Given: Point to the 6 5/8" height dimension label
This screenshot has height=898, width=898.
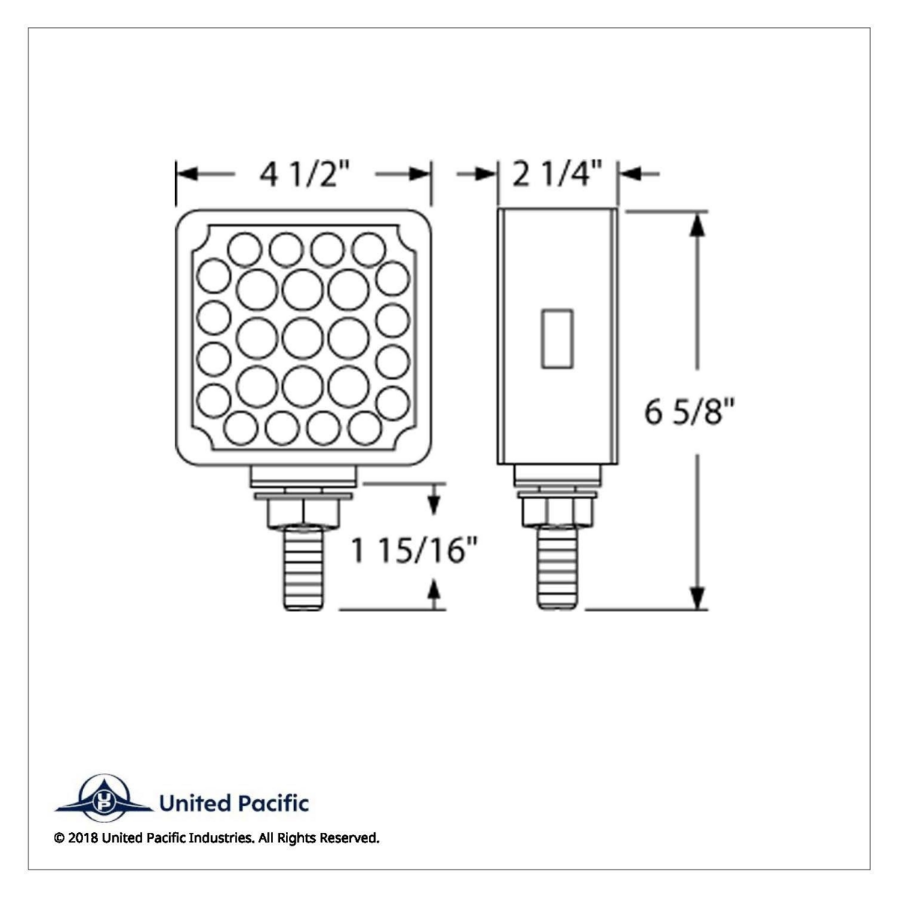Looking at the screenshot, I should (x=686, y=412).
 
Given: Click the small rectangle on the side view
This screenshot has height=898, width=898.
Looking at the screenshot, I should (x=556, y=338).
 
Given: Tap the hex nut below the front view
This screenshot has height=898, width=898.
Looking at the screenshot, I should (x=303, y=512).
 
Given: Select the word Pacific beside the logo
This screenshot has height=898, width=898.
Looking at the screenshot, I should (x=273, y=804).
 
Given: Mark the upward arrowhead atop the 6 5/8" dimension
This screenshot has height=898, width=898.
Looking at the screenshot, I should (x=697, y=224).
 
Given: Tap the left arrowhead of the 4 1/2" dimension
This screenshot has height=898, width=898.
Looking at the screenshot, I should (x=186, y=174).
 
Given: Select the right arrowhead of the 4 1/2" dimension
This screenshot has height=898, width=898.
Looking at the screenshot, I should (x=421, y=174).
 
